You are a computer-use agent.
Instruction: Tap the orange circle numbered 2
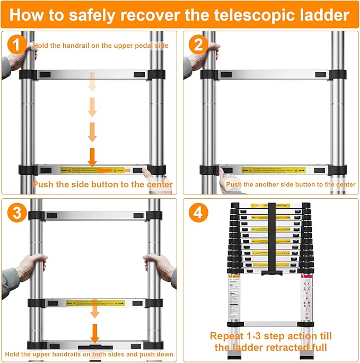click(197, 45)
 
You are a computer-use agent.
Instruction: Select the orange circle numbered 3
click(17, 213)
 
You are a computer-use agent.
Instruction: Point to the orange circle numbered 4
click(197, 213)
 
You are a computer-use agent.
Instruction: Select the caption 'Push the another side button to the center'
click(291, 184)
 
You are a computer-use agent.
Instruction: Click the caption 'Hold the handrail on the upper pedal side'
click(101, 46)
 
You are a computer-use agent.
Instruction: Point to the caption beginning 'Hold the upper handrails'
click(90, 354)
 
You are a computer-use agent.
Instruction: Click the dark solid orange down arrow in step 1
click(92, 157)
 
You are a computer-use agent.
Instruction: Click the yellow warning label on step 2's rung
click(274, 171)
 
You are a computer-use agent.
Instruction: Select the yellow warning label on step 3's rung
click(95, 303)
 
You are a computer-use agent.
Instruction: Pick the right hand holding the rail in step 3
click(159, 262)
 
